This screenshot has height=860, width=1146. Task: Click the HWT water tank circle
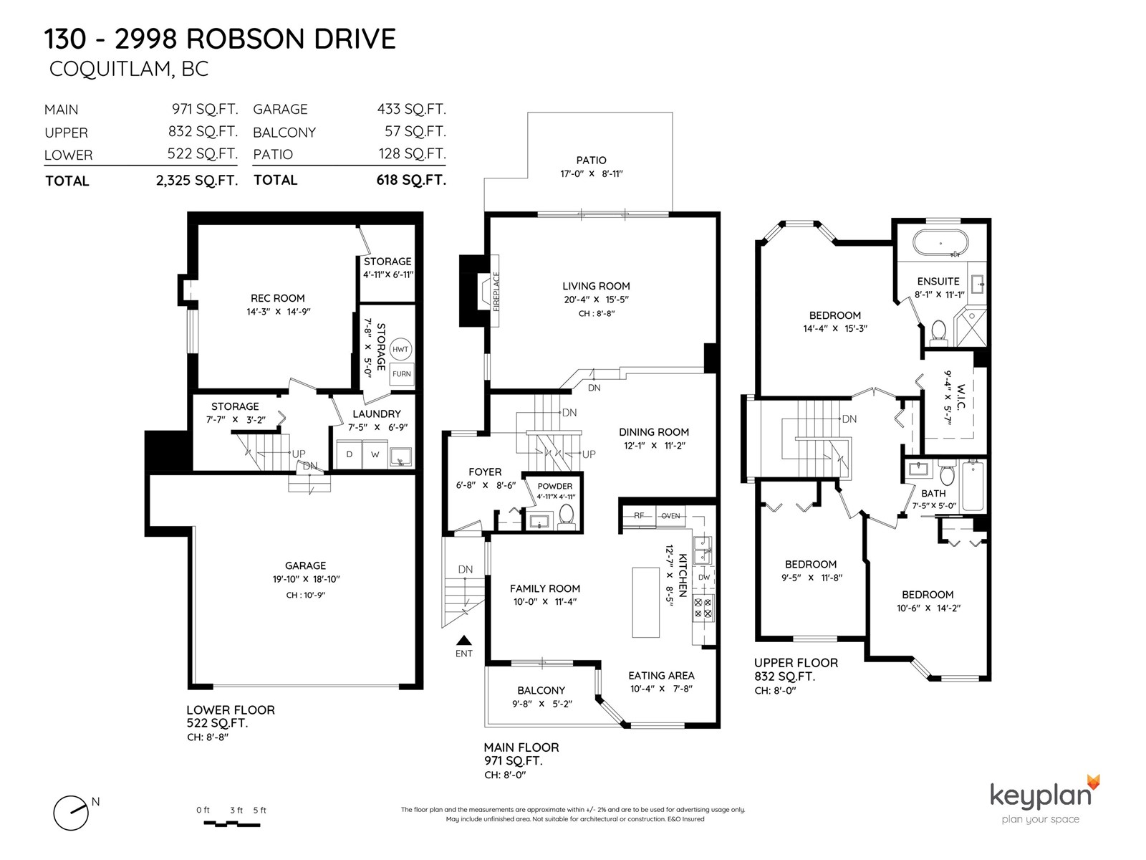click(x=400, y=349)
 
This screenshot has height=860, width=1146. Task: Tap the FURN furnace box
click(x=402, y=374)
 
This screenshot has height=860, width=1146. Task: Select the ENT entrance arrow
click(x=463, y=641)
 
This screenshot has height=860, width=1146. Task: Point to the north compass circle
click(x=70, y=813)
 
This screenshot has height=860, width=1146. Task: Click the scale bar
click(x=231, y=824)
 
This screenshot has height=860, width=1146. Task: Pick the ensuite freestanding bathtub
click(x=940, y=243)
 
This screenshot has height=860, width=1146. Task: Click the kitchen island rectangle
click(x=645, y=602)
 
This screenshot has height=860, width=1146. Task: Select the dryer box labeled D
click(x=350, y=454)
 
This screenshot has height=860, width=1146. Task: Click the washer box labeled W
click(x=375, y=454)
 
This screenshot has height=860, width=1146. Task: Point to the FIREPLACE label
click(x=496, y=291)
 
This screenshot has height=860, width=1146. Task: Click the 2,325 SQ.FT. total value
click(x=197, y=181)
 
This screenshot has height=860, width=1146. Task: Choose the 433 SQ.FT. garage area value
click(x=411, y=109)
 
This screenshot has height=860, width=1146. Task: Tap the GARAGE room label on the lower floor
click(x=305, y=565)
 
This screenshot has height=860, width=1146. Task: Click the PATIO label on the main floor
click(x=591, y=161)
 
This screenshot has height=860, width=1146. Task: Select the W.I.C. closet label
click(x=962, y=397)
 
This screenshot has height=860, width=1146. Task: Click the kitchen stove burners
click(x=702, y=608)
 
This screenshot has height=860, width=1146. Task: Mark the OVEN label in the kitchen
click(x=670, y=516)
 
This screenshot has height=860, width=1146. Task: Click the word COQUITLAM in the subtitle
click(x=110, y=70)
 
